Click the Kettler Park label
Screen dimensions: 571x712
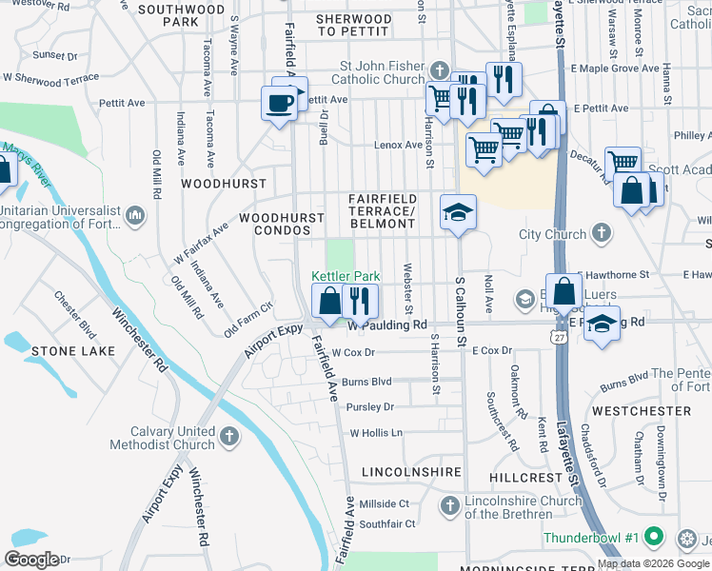pyautogui.click(x=346, y=276)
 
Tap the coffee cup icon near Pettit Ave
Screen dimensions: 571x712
pyautogui.click(x=280, y=103)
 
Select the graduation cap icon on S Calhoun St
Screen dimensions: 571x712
pyautogui.click(x=458, y=211)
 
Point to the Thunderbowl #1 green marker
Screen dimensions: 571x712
pyautogui.click(x=652, y=537)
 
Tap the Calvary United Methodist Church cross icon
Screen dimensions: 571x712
pyautogui.click(x=227, y=437)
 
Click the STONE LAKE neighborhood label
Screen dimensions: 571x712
pyautogui.click(x=73, y=351)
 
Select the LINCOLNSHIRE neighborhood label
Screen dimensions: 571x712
pyautogui.click(x=405, y=472)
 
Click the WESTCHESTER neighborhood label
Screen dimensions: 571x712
pyautogui.click(x=642, y=411)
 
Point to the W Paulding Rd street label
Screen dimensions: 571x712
pyautogui.click(x=387, y=325)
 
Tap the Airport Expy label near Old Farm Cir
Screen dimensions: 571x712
pyautogui.click(x=272, y=341)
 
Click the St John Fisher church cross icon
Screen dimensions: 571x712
pyautogui.click(x=439, y=70)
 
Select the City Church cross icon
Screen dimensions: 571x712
pyautogui.click(x=601, y=232)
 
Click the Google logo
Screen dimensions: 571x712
pyautogui.click(x=32, y=560)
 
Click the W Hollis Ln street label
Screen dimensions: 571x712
pyautogui.click(x=377, y=433)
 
